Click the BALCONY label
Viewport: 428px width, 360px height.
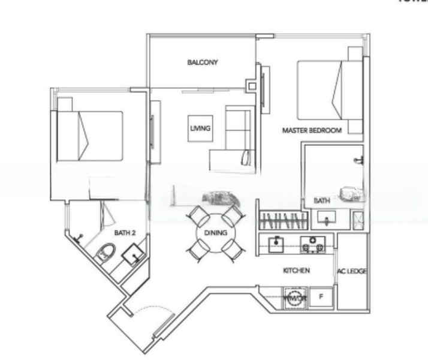[202, 62]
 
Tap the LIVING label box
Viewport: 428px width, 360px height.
[200, 128]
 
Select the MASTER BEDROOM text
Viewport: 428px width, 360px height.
[312, 130]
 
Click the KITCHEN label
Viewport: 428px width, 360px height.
[296, 271]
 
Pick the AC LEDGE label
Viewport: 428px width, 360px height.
[352, 271]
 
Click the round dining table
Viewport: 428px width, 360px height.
[216, 233]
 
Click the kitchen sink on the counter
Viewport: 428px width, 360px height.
[276, 244]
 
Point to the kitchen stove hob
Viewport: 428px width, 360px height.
[312, 244]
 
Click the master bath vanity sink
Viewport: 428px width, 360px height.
[325, 218]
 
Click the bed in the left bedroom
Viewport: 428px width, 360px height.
[90, 136]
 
